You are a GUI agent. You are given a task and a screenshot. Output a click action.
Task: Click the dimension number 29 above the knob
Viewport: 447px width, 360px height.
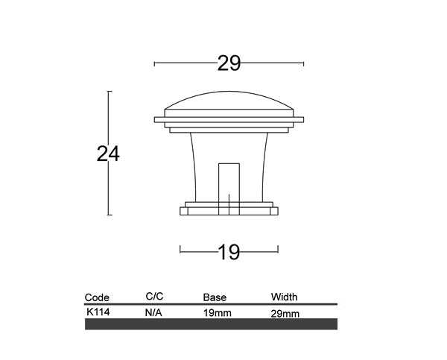[x=229, y=63]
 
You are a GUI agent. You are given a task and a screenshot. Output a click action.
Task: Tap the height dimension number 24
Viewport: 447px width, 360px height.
[x=108, y=154]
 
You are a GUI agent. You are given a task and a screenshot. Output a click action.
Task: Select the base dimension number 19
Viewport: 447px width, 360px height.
[x=229, y=252]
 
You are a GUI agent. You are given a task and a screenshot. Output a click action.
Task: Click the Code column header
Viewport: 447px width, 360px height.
[x=97, y=297]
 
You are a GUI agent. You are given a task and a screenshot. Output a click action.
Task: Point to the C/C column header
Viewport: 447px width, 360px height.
[x=154, y=297]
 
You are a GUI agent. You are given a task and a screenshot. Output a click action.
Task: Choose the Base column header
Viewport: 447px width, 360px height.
[x=215, y=297]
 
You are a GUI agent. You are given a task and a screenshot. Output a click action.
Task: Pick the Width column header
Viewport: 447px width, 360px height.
[x=285, y=297]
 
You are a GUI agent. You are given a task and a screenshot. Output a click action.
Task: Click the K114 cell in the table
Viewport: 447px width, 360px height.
[x=98, y=312]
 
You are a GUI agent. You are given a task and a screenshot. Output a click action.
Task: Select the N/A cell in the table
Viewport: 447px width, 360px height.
[x=153, y=313]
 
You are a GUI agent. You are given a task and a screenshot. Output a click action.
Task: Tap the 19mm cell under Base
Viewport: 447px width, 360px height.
[x=218, y=313]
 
